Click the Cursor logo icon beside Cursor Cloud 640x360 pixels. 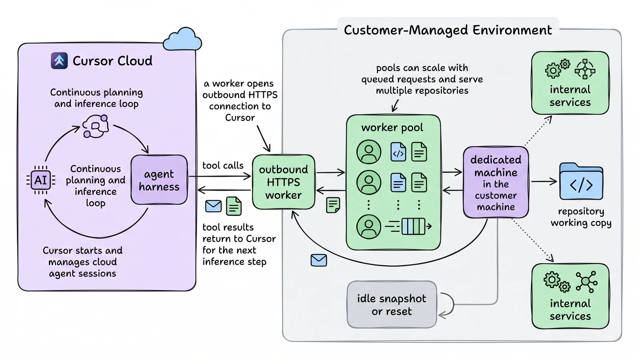coord(59,60)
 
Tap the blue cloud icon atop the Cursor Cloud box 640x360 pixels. coord(182,40)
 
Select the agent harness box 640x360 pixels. coord(159,180)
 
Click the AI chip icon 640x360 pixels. coord(41,180)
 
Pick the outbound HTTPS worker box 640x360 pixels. coord(284,182)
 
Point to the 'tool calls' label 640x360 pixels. coord(223,166)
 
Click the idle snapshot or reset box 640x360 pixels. coord(392,304)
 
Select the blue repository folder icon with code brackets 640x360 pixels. coord(581,181)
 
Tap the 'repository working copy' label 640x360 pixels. coord(581,217)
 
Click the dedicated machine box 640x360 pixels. coord(496,182)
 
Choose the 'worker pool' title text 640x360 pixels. coord(392,128)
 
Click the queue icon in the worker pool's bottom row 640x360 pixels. coord(408,226)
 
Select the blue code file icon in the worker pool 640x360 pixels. coord(398,152)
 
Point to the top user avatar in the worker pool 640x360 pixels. coord(368,152)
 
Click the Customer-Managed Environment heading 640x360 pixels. coord(448,30)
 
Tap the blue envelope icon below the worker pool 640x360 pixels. coord(318,260)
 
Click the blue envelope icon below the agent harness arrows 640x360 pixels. coord(213,206)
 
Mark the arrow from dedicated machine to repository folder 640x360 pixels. coord(544,181)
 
